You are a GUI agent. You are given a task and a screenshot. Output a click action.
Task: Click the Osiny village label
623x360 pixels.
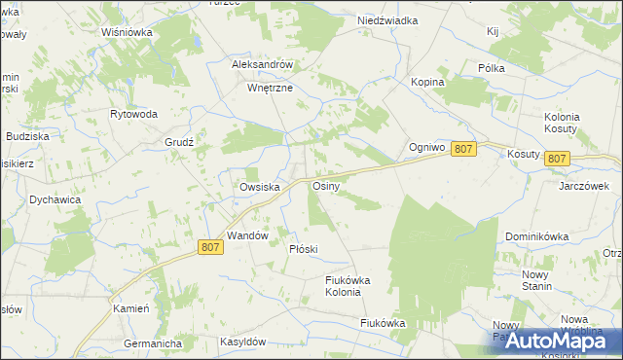(324, 185)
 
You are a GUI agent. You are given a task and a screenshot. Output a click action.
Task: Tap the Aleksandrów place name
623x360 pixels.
(262, 64)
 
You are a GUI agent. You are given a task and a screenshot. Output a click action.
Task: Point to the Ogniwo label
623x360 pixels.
(426, 148)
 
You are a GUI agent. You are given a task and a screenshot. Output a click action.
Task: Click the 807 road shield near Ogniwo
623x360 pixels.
(464, 148)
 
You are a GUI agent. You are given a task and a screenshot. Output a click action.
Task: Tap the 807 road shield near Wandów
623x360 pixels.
(211, 247)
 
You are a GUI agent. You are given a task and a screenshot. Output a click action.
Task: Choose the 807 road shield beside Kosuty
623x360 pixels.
(557, 159)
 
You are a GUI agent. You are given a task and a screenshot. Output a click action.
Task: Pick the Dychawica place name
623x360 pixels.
(55, 199)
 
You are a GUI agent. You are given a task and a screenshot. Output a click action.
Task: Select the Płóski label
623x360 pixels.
(304, 249)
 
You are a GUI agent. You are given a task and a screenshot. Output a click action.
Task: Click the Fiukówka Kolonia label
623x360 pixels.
(348, 286)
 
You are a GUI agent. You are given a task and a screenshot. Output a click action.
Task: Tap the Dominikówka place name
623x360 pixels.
(535, 236)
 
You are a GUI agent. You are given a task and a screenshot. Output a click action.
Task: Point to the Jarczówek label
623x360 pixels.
(583, 185)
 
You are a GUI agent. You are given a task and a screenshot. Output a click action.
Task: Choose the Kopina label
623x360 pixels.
(427, 83)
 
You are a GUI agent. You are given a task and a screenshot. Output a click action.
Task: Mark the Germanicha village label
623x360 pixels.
(154, 343)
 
